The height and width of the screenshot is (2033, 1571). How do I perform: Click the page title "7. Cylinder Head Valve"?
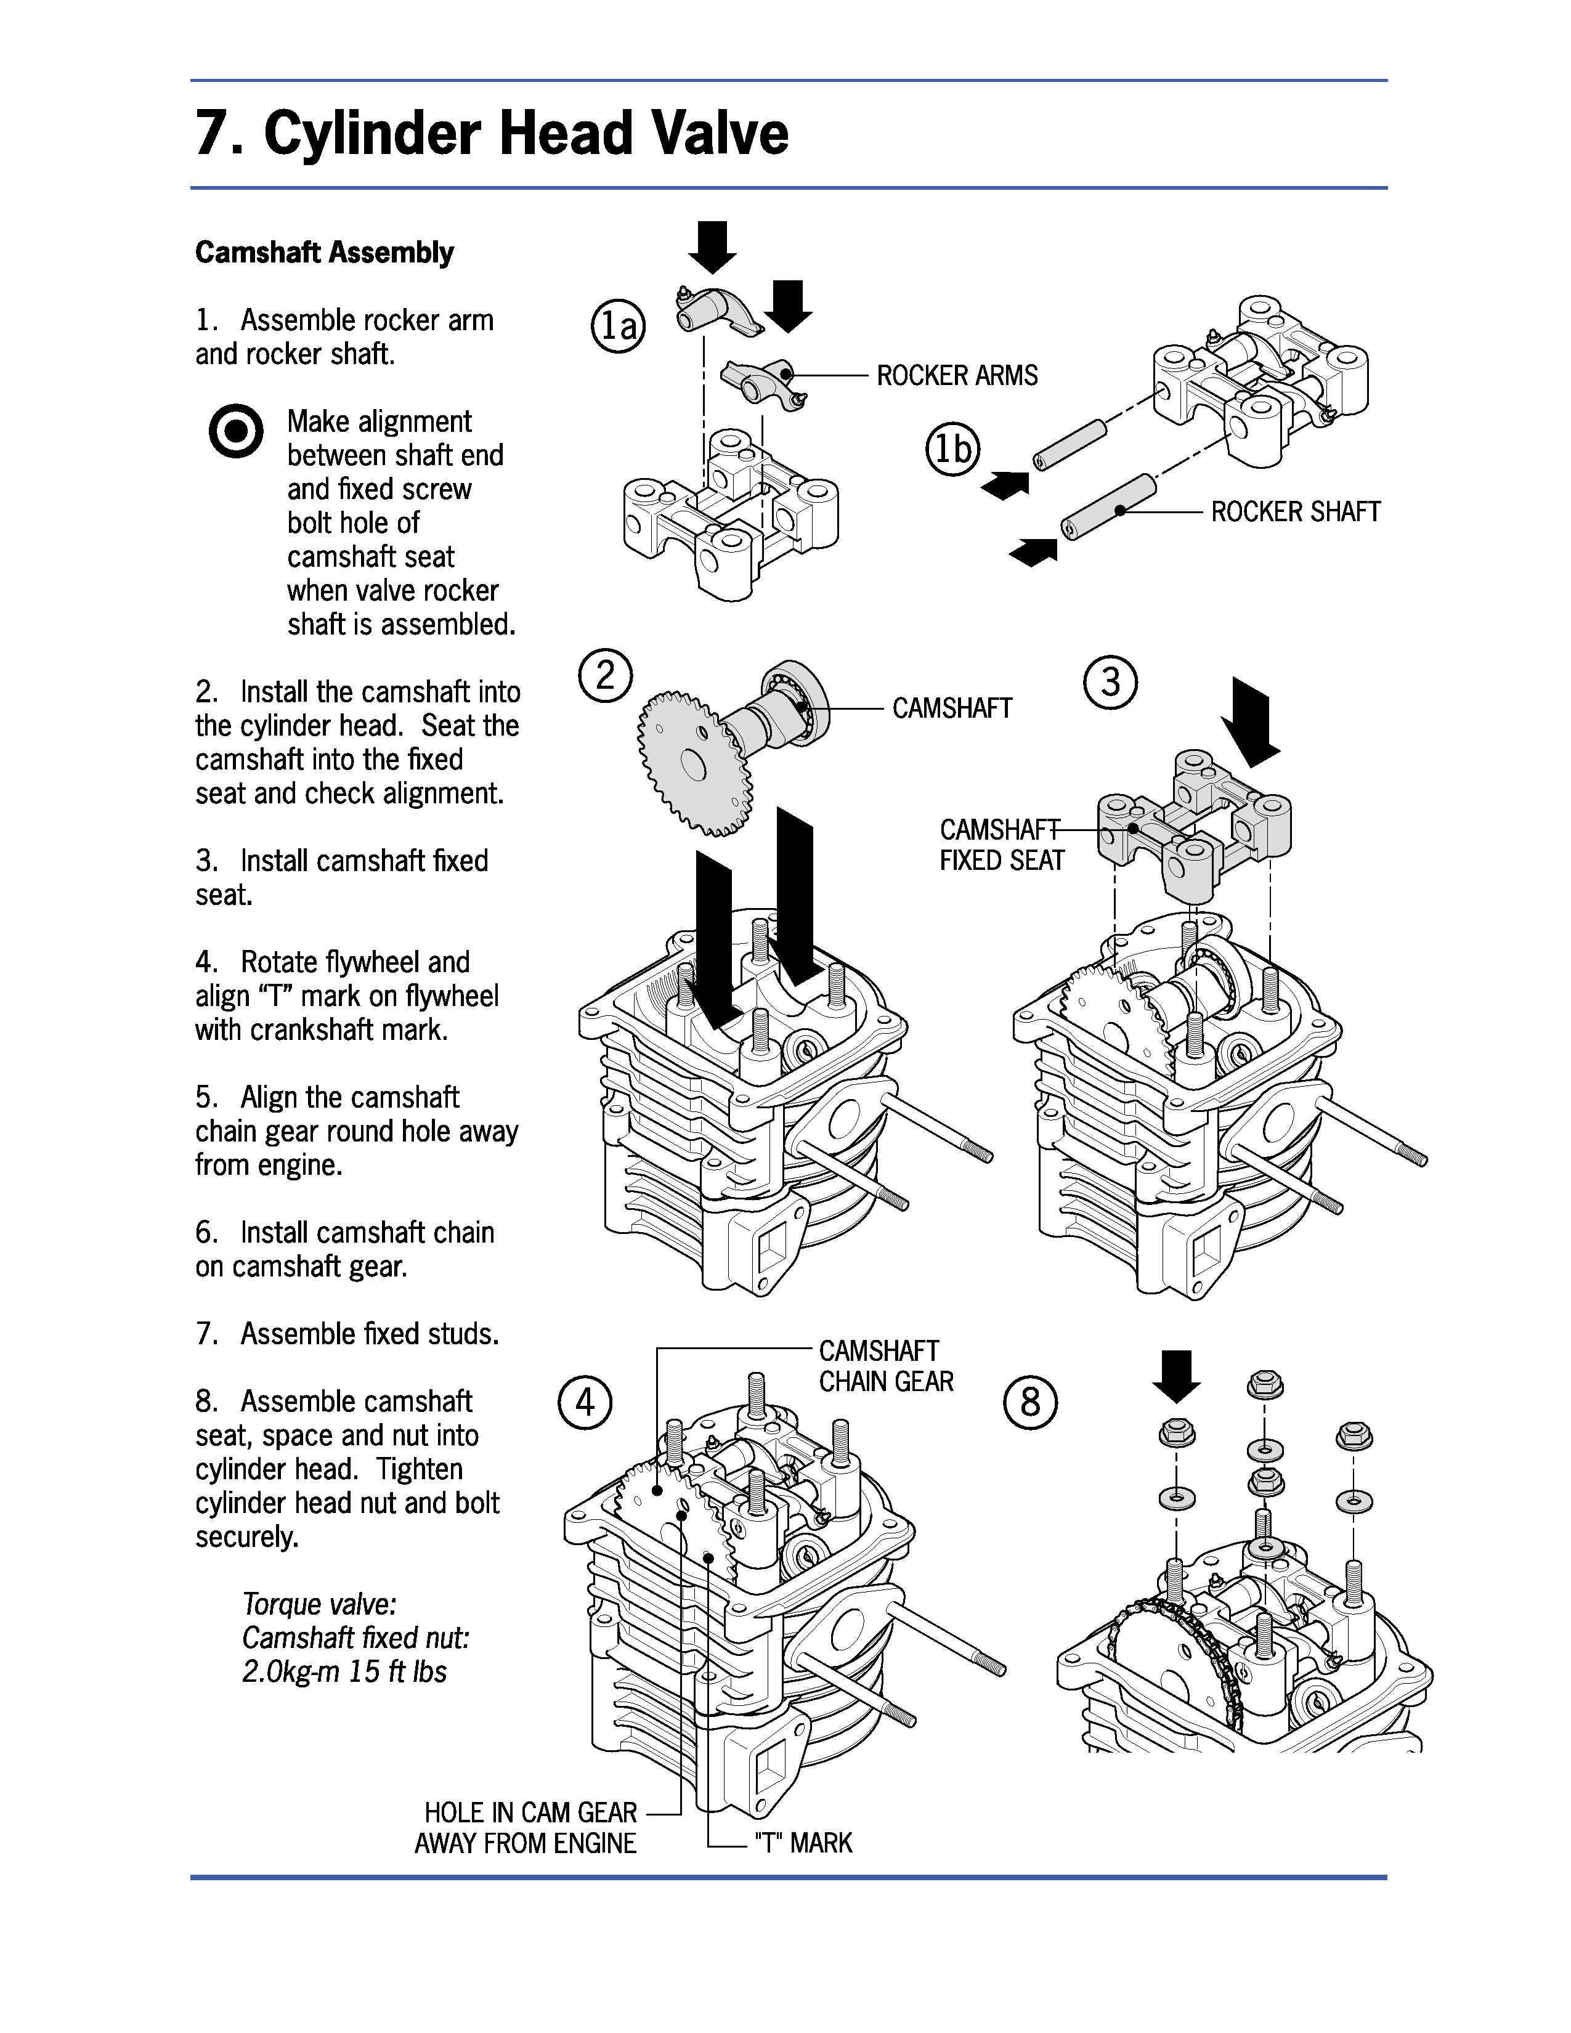[492, 133]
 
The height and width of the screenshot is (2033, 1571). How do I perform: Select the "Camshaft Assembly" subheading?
[324, 252]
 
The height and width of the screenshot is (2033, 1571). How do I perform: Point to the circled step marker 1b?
[953, 450]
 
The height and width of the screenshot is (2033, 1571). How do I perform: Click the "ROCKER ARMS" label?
[957, 376]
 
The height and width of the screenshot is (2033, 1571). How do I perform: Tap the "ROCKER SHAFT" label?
[1294, 512]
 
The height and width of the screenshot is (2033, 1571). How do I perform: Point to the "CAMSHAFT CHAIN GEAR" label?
[886, 1366]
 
